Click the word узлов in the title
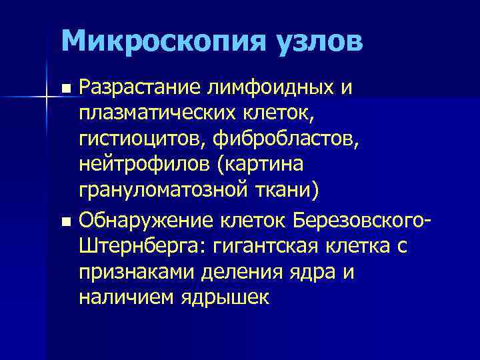pos(309,41)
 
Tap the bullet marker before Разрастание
pos(65,89)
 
